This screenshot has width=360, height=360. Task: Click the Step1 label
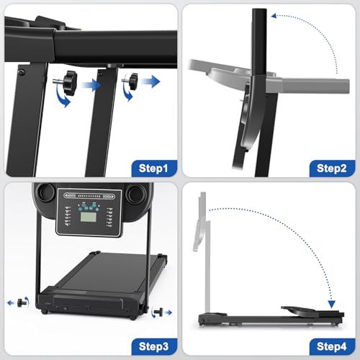tap(153, 168)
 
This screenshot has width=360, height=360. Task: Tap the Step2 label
tap(331, 168)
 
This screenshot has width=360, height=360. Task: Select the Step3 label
tap(153, 346)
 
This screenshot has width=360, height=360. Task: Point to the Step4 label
tap(331, 346)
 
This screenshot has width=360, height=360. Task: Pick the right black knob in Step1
tap(132, 81)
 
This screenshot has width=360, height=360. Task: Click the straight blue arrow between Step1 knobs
tap(91, 85)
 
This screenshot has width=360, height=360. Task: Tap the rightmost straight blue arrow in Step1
tap(150, 81)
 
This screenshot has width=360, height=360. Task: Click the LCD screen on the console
tap(89, 217)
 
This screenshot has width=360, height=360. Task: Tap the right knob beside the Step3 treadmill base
tap(158, 312)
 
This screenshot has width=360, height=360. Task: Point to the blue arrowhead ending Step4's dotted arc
tap(331, 304)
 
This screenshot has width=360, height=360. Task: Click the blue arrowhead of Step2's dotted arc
tap(274, 16)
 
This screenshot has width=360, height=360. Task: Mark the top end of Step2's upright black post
tap(259, 9)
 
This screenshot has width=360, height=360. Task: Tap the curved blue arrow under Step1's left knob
tap(63, 96)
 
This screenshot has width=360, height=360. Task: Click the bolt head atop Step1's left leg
tap(22, 72)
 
